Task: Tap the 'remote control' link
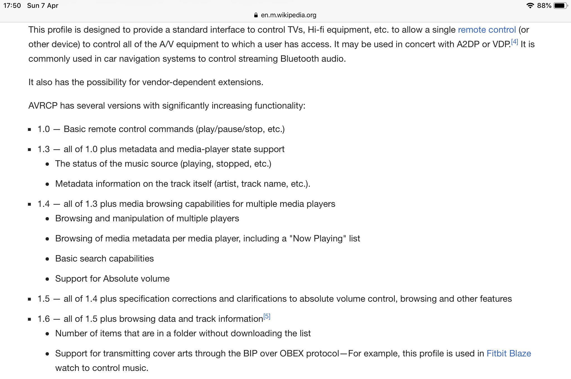tap(487, 30)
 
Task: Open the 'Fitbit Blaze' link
tap(509, 354)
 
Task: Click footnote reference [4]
tap(514, 42)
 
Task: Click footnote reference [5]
tap(267, 316)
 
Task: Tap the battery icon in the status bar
tap(560, 6)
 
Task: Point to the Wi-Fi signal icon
tap(530, 6)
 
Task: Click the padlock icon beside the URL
tap(256, 15)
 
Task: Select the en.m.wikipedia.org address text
tap(289, 15)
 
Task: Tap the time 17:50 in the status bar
tap(12, 6)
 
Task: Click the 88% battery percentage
tap(544, 6)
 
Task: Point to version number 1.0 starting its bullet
tap(43, 129)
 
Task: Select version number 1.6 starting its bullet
tap(43, 319)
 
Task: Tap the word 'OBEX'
tap(291, 354)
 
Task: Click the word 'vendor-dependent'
tap(179, 82)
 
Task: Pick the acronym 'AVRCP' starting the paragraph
tap(43, 106)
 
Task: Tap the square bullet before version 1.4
tap(30, 204)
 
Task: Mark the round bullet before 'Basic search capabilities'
tap(47, 259)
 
